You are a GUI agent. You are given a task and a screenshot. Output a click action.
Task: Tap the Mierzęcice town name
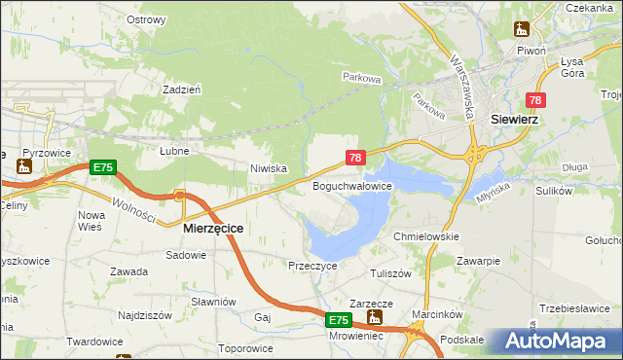click(213, 227)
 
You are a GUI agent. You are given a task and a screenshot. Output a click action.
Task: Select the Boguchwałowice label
click(351, 185)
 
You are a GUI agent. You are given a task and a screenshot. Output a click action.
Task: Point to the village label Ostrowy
click(146, 19)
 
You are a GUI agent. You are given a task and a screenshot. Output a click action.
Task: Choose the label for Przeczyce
click(312, 265)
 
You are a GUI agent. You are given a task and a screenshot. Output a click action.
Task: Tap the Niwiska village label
click(268, 168)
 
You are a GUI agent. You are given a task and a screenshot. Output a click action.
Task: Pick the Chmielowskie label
click(425, 236)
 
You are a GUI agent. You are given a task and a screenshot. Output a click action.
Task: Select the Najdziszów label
click(145, 315)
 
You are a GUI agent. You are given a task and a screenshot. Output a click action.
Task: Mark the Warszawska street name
click(461, 85)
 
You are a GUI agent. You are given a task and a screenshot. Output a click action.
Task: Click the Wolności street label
click(133, 209)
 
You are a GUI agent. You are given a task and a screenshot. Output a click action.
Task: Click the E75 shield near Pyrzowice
click(103, 168)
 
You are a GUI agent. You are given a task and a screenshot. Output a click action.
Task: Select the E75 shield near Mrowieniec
click(337, 320)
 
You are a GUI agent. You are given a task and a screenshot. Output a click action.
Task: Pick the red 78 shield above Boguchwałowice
click(355, 158)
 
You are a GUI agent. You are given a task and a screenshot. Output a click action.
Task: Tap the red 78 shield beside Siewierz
click(535, 100)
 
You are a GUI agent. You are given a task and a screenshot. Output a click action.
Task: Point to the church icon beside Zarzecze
click(375, 316)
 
